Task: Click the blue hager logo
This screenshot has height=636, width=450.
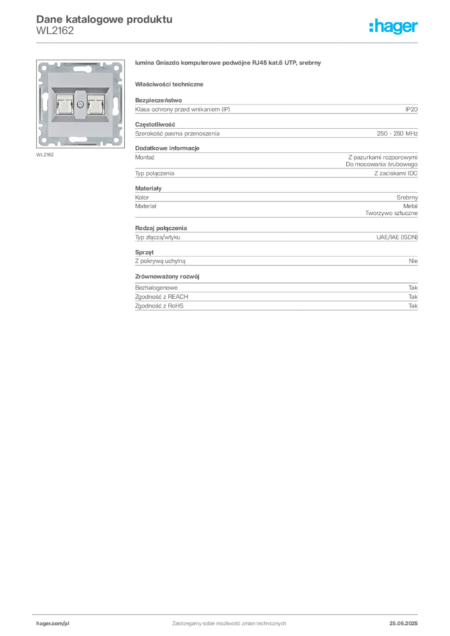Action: (394, 27)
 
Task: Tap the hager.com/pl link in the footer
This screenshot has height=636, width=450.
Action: (51, 622)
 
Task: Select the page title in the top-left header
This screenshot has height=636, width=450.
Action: (103, 19)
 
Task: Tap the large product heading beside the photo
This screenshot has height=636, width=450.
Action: (227, 64)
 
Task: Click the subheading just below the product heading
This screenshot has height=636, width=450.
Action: (171, 83)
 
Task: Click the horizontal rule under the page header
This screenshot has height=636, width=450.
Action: (228, 42)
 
